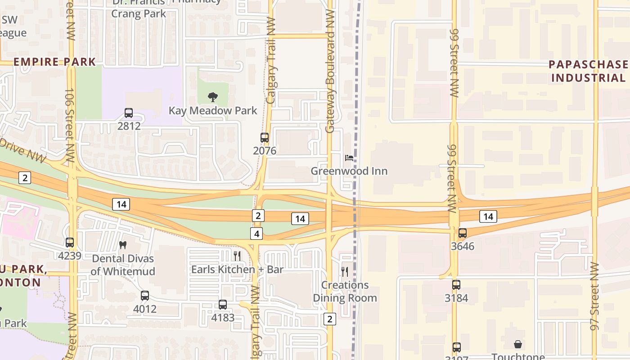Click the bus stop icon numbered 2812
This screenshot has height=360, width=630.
click(x=129, y=113)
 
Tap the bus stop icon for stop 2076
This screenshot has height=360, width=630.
click(x=265, y=138)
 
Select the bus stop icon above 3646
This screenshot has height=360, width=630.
click(x=462, y=233)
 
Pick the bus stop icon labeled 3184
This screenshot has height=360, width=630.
click(x=456, y=285)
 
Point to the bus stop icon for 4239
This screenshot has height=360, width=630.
click(x=70, y=243)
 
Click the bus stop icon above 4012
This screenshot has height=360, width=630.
click(x=144, y=296)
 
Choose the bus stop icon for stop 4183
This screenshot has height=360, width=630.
click(x=223, y=305)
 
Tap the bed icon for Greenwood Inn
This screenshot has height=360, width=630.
click(x=349, y=158)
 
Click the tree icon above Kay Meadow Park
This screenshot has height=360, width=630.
click(x=212, y=97)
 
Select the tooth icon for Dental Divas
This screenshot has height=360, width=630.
click(x=122, y=245)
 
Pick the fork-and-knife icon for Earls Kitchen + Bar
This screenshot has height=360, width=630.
click(x=237, y=256)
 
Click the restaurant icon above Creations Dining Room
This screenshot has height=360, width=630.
click(x=345, y=271)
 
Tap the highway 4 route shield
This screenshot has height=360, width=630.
click(x=256, y=234)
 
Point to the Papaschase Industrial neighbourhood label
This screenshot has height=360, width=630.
click(x=588, y=71)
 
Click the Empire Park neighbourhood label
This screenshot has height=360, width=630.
click(x=54, y=62)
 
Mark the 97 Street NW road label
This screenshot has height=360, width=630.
click(x=595, y=296)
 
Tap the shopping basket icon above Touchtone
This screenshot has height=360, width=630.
click(x=518, y=344)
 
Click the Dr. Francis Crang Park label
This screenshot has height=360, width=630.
click(x=139, y=8)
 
